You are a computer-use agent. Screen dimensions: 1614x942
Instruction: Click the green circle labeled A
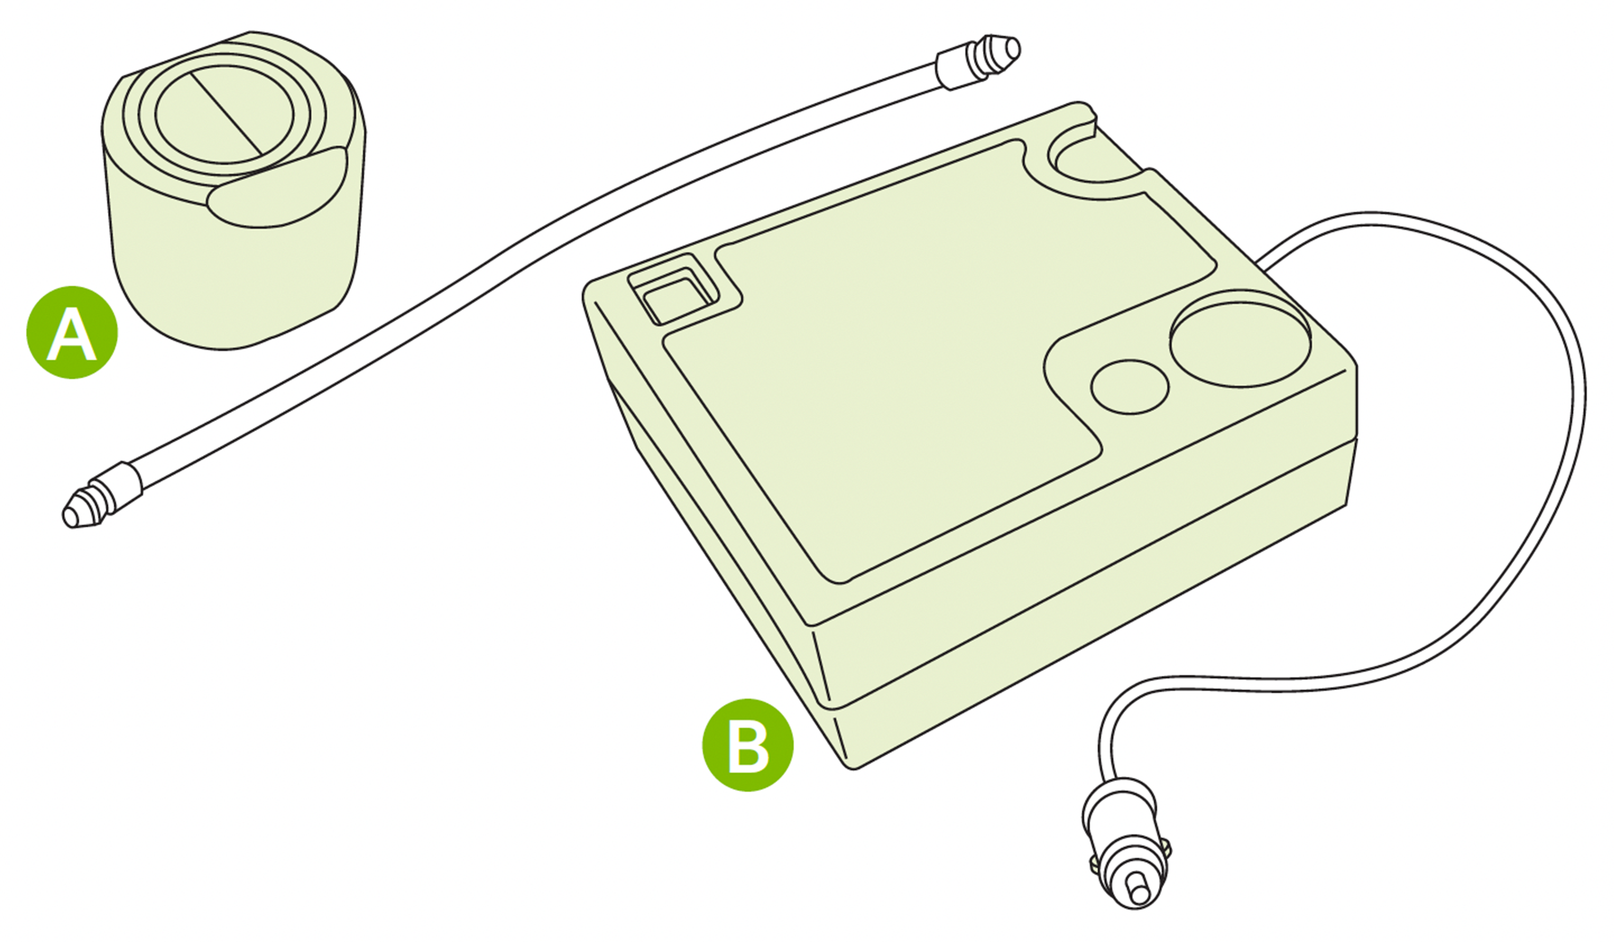(72, 333)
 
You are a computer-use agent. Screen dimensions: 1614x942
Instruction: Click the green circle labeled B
(747, 745)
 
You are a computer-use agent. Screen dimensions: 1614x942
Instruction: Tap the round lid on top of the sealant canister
(224, 115)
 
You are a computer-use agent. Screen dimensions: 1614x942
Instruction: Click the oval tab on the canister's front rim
(277, 188)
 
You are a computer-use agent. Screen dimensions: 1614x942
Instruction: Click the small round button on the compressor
(1130, 387)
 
